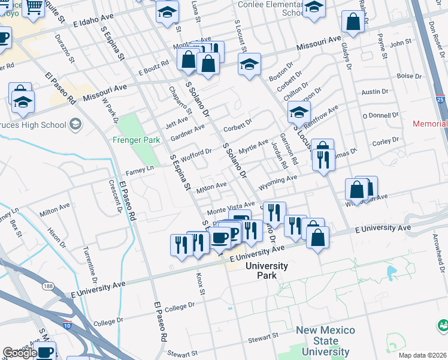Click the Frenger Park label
(x=136, y=140)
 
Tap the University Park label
(x=267, y=271)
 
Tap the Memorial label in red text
(x=429, y=124)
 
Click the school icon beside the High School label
(x=75, y=125)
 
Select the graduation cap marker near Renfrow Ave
(x=299, y=112)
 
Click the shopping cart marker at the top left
(x=34, y=7)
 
